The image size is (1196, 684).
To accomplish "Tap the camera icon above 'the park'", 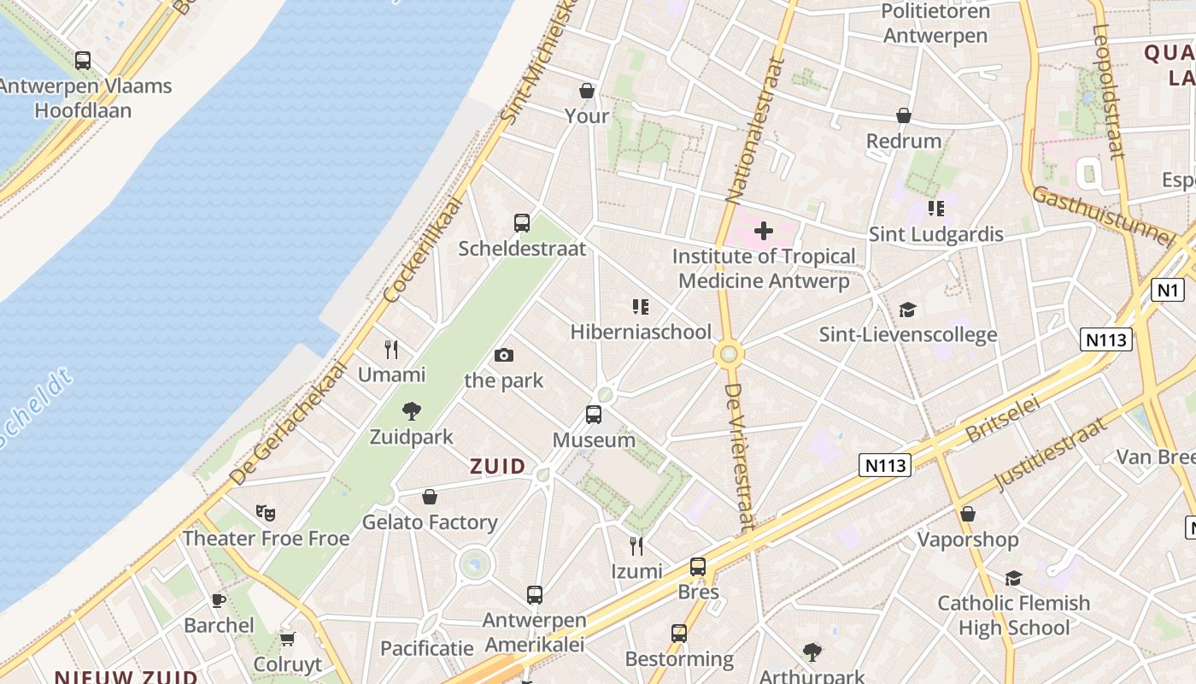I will [504, 355].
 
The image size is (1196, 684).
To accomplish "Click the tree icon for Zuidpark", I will [412, 411].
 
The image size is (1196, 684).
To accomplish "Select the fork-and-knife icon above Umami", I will [391, 349].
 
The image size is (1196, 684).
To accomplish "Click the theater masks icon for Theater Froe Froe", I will [266, 513].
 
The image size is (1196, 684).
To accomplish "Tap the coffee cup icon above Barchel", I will [219, 600].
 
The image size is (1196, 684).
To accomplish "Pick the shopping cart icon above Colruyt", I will [288, 639].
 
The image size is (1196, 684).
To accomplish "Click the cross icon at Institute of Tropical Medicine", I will [764, 231].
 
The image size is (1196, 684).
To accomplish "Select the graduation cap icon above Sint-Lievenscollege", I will [907, 310].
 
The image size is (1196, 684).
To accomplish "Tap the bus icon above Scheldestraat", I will [522, 223].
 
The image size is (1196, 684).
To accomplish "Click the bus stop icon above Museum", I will [594, 415].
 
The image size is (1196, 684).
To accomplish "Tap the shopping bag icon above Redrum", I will [904, 115].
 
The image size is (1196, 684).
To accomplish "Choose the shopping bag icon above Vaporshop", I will [968, 514].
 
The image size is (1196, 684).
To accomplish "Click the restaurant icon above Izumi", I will [636, 545].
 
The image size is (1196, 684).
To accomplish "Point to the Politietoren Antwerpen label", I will [935, 24].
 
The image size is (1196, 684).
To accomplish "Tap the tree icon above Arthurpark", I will [812, 652].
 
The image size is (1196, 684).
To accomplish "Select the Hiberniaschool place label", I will [641, 332].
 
